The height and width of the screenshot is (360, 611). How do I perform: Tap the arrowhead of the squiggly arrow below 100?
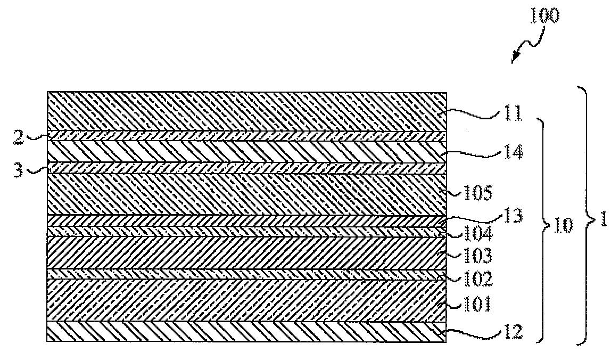pyautogui.click(x=515, y=60)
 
